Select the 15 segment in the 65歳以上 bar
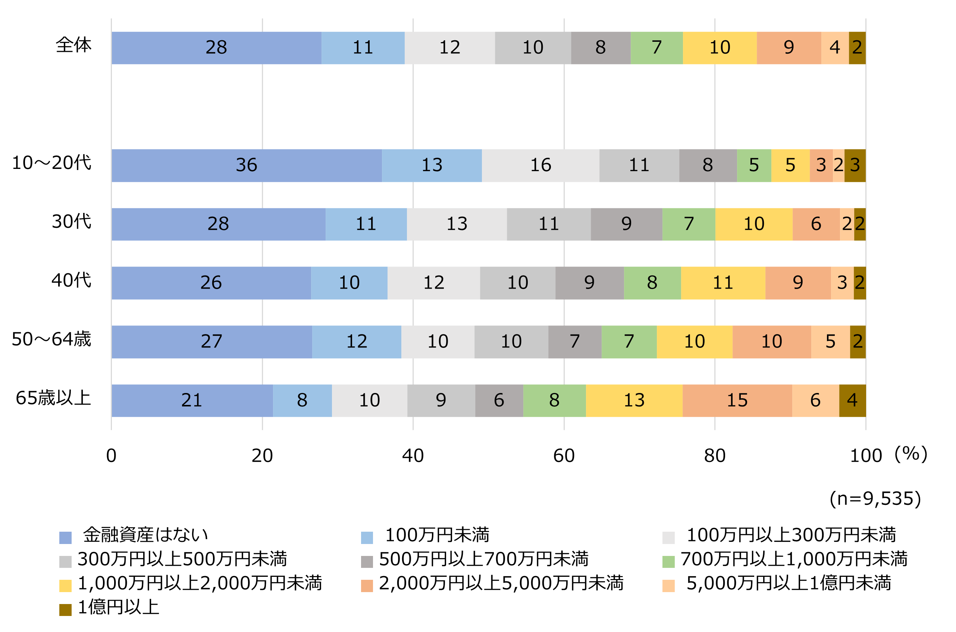pos(737,400)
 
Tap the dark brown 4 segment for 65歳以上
pos(852,400)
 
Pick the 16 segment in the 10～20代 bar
pos(540,165)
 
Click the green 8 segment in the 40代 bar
pos(652,283)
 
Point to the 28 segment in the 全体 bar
pos(216,48)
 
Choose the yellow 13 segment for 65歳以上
pos(634,400)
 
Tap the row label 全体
pos(73,45)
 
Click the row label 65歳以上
pos(53,398)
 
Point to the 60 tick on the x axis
pos(564,456)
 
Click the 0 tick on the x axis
pos(111,456)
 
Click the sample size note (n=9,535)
pos(875,499)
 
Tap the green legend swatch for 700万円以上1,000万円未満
pos(668,562)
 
